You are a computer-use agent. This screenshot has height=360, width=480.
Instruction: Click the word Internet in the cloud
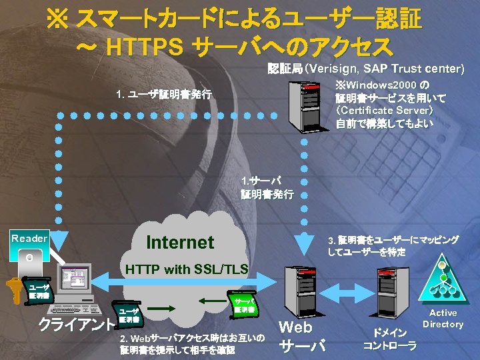click(180, 242)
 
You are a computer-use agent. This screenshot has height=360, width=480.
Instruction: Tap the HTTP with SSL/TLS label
click(187, 270)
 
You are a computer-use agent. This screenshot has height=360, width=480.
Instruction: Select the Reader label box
click(30, 238)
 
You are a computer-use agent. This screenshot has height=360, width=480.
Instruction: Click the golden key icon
click(14, 291)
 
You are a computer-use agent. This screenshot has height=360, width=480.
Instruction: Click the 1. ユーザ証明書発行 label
click(164, 95)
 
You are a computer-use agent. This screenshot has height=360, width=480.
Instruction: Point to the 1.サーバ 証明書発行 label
click(266, 187)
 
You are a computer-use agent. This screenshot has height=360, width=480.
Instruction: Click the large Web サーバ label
click(300, 337)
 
